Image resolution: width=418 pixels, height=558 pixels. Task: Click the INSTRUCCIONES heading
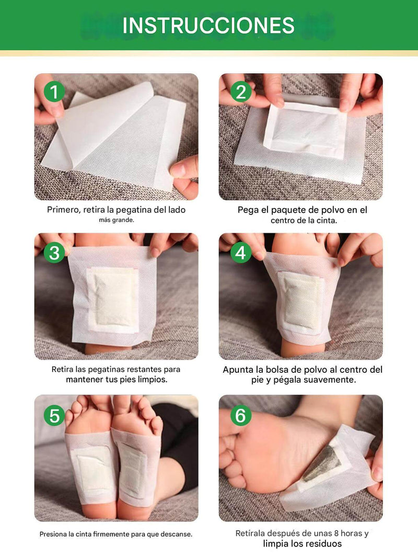coord(208,25)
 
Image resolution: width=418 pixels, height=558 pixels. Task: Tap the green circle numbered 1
coord(54,92)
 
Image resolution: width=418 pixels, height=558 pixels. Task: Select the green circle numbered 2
coord(241,92)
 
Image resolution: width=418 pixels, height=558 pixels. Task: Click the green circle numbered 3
coord(54,253)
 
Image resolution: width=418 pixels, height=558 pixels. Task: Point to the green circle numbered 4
coord(241,253)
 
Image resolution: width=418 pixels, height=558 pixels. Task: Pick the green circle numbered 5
coord(54,415)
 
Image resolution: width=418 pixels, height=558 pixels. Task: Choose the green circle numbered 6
coord(241,415)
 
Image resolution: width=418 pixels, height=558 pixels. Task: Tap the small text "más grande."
coord(116,220)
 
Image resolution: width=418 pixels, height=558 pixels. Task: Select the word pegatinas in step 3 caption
coord(107,369)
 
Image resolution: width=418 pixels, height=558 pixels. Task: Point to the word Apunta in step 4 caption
coord(237,370)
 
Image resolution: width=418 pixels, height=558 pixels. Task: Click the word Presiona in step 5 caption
coord(53,534)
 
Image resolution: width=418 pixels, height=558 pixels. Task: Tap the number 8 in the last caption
coord(336,533)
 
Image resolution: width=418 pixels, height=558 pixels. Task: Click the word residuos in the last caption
coord(325,544)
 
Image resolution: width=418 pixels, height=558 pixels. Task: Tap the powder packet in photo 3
coord(113,300)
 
